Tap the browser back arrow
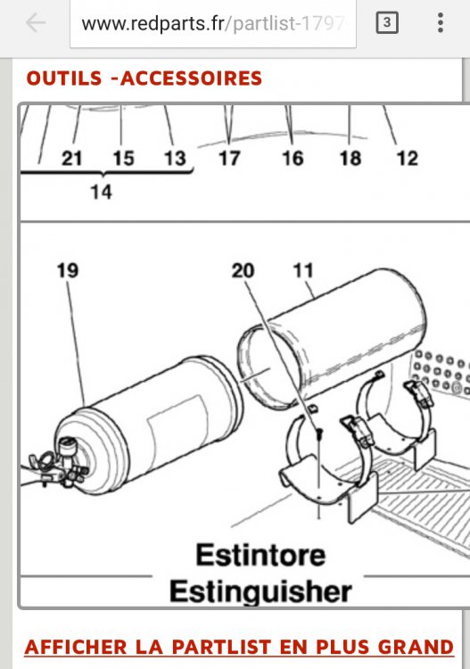click(x=36, y=22)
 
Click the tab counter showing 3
click(x=387, y=22)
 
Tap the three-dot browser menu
click(x=441, y=22)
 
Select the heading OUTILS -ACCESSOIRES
click(x=144, y=78)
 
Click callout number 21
click(x=71, y=159)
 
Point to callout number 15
click(x=123, y=159)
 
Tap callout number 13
click(x=176, y=159)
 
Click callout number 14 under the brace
click(x=101, y=192)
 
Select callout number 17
click(x=229, y=159)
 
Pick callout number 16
click(x=293, y=159)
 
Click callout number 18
click(x=350, y=159)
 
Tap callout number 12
click(x=408, y=159)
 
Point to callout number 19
click(x=68, y=270)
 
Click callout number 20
click(x=243, y=270)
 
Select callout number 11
click(x=303, y=270)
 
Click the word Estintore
click(x=260, y=555)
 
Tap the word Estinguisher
click(x=260, y=591)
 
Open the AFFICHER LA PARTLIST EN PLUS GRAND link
click(x=239, y=648)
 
